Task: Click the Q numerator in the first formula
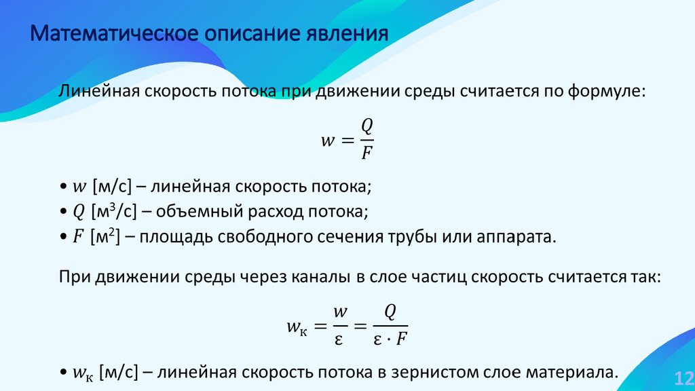pyautogui.click(x=367, y=127)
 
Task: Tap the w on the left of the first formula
pyautogui.click(x=328, y=140)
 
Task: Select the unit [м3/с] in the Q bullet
pyautogui.click(x=114, y=211)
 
